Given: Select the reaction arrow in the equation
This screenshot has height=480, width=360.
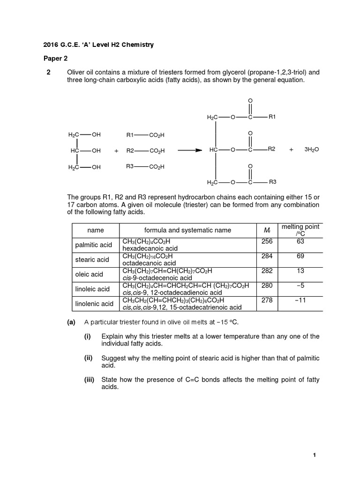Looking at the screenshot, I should (189, 150).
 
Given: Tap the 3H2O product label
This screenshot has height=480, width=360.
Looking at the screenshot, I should (311, 150).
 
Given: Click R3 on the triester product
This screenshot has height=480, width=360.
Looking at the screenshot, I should (272, 181).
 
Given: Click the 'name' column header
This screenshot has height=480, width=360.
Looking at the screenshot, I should (96, 230).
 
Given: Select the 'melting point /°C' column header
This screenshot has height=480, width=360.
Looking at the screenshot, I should (300, 230).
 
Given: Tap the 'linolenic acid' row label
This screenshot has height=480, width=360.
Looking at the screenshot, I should (94, 304).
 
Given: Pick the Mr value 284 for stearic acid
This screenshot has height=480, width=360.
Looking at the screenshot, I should (266, 256).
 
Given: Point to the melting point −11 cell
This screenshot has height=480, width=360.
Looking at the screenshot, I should (300, 300).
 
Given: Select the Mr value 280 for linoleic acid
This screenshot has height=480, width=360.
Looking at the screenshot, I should (266, 286).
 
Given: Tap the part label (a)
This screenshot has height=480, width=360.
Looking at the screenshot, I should (71, 322).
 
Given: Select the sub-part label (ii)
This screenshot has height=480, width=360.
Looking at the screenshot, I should (89, 358).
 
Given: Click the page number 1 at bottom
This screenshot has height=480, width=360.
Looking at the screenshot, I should (315, 455).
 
